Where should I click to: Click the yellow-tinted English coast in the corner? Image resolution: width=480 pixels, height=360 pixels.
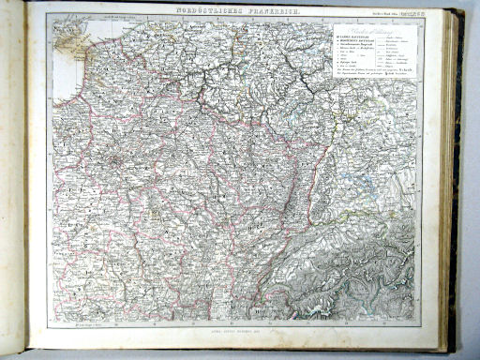pyautogui.click(x=67, y=33)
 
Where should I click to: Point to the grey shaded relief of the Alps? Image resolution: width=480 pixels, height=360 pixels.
pyautogui.click(x=375, y=272)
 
